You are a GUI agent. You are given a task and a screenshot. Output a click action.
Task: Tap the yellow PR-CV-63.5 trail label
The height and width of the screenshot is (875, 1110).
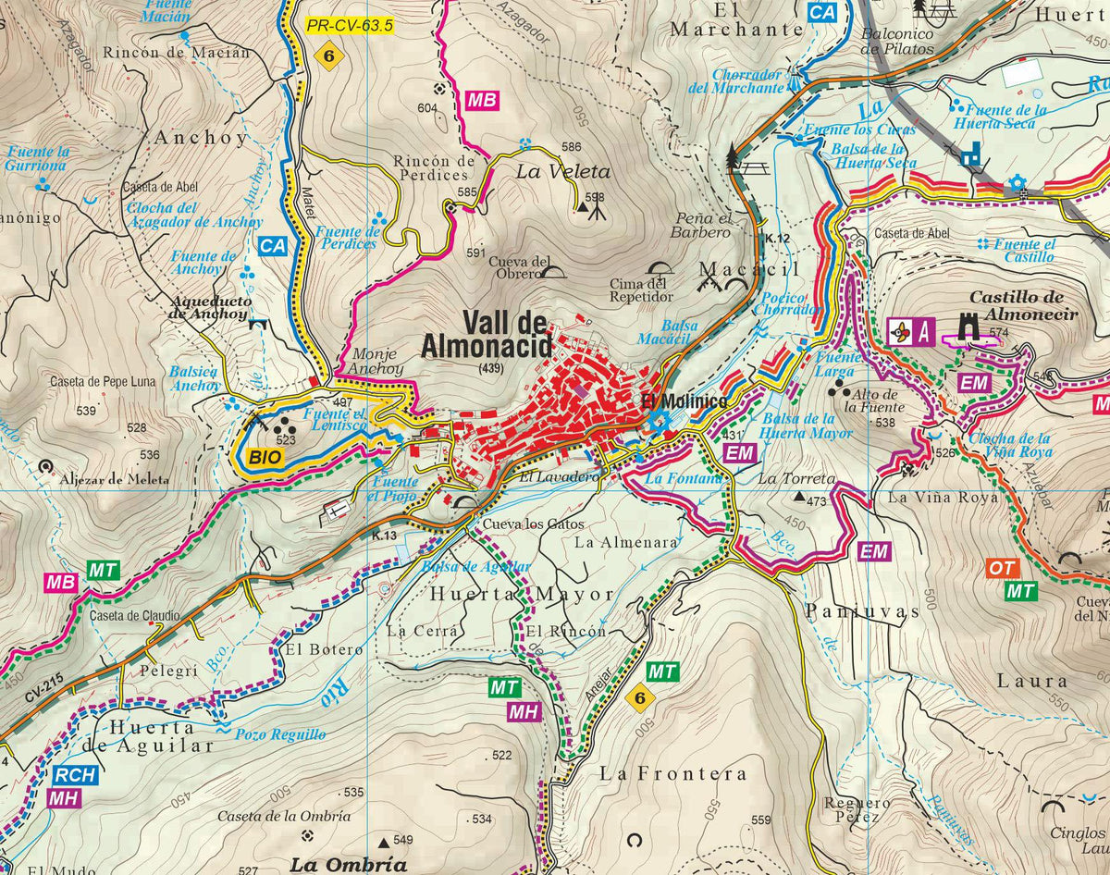[x=350, y=26]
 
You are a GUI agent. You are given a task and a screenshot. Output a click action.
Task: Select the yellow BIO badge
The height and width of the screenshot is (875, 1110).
[x=264, y=456]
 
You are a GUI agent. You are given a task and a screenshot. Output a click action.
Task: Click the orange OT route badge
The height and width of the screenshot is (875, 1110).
[x=1002, y=568]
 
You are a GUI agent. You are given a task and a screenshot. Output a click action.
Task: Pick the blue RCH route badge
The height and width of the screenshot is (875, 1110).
[x=73, y=775]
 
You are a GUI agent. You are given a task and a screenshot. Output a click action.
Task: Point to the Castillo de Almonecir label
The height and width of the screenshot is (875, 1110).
[x=1023, y=305]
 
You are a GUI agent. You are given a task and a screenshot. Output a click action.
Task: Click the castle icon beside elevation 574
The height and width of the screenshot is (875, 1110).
[x=970, y=325]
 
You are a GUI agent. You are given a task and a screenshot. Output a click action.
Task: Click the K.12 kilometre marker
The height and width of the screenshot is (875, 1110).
[x=777, y=240]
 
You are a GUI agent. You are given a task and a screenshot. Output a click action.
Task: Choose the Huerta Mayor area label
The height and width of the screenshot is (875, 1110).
[x=522, y=594]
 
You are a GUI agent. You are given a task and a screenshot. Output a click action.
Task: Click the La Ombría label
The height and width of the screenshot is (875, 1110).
[x=348, y=865]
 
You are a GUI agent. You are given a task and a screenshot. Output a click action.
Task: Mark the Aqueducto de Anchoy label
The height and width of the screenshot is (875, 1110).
[x=209, y=307]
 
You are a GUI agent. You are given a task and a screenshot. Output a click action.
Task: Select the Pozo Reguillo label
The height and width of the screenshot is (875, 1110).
[x=280, y=734]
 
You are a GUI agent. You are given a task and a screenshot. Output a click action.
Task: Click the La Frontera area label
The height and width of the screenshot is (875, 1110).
[x=672, y=772]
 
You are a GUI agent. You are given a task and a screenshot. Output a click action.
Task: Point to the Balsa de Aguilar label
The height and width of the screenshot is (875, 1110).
[x=475, y=566]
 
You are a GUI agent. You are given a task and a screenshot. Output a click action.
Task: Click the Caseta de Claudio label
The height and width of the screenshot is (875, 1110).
[x=135, y=615]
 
